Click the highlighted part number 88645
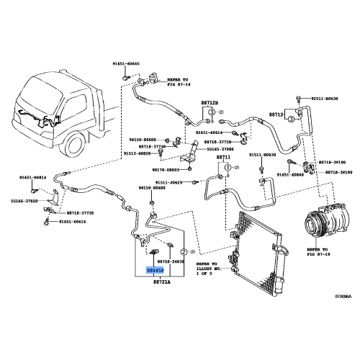[x=154, y=271]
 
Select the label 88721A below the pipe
[x=161, y=283]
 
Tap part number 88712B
[x=209, y=103]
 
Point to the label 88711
[x=225, y=156]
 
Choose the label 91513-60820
[x=137, y=153]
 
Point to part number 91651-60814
[x=32, y=177]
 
